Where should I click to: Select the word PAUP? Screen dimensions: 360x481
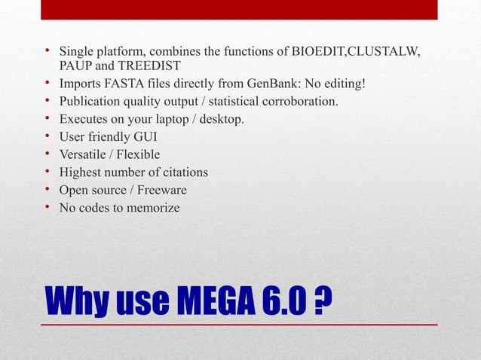[x=75, y=66]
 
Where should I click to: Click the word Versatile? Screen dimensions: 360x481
[x=85, y=154]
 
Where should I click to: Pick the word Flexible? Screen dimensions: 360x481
[x=139, y=154]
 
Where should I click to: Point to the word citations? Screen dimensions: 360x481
[x=180, y=172]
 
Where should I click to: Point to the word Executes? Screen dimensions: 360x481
[x=85, y=119]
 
